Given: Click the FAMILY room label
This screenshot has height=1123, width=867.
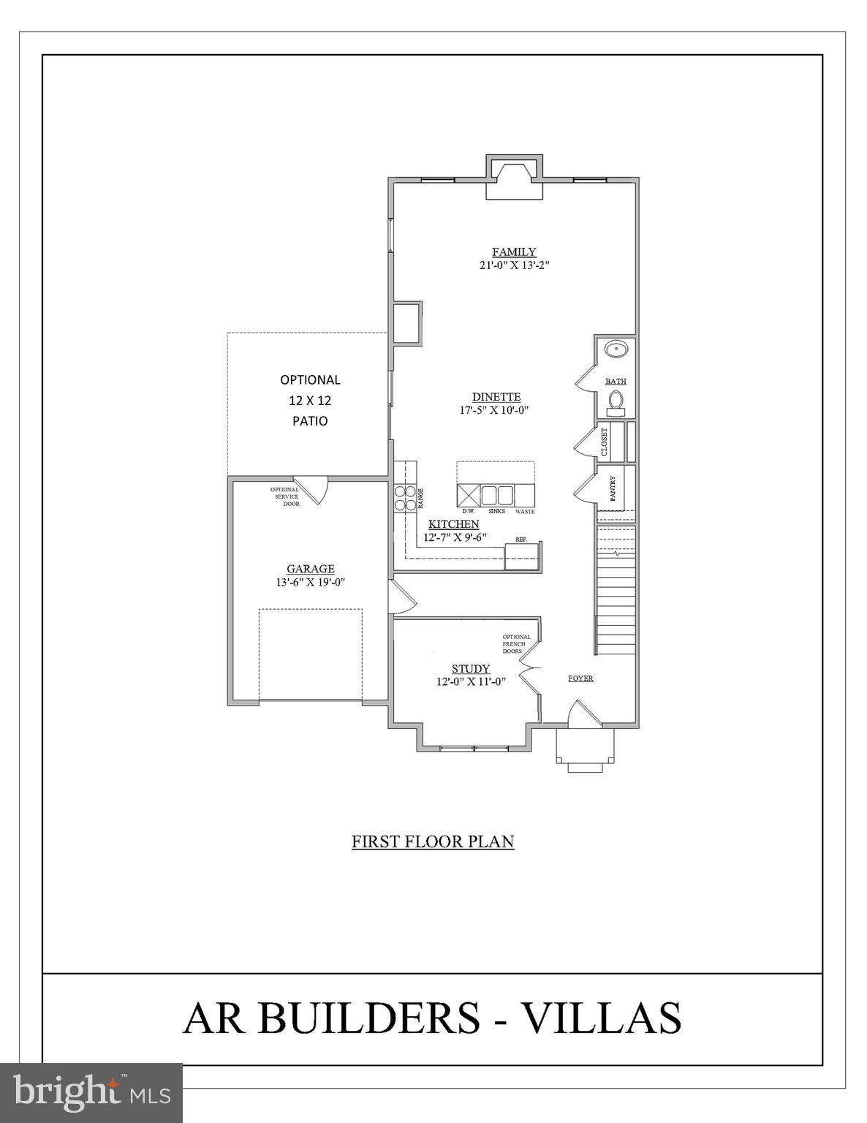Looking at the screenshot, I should [513, 252].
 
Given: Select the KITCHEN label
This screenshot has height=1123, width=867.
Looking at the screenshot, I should [453, 524].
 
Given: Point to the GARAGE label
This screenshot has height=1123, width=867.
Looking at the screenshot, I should [310, 569].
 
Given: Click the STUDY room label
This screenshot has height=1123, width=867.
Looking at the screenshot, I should [470, 669].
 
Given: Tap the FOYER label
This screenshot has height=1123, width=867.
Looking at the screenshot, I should [580, 678].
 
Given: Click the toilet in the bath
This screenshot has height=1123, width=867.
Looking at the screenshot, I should [616, 401].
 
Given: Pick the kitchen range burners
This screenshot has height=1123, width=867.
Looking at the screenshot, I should [404, 498].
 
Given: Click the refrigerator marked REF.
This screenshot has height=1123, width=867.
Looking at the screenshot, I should [522, 556].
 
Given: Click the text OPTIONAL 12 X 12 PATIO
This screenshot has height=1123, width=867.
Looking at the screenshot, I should [310, 400].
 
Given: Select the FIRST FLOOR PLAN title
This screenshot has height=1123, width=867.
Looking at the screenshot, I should [433, 842].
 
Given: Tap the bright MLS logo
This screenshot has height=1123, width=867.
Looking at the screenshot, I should [91, 1092].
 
